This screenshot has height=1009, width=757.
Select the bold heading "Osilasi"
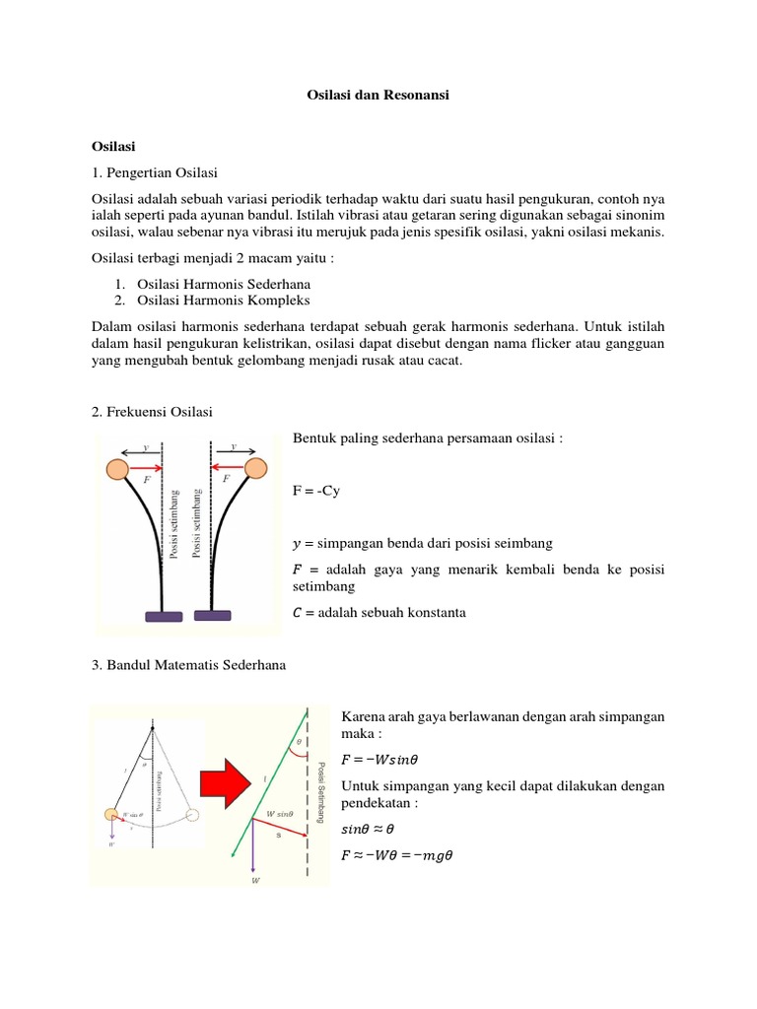pos(113,145)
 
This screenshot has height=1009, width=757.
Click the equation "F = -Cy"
pos(316,490)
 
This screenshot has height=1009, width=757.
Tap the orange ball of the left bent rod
pos(117,470)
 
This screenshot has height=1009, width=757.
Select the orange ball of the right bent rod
pos(255,467)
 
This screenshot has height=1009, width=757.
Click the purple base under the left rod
pos(164,616)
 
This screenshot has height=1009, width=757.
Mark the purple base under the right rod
pos(212,614)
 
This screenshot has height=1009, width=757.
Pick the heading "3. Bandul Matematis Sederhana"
pos(187,665)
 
